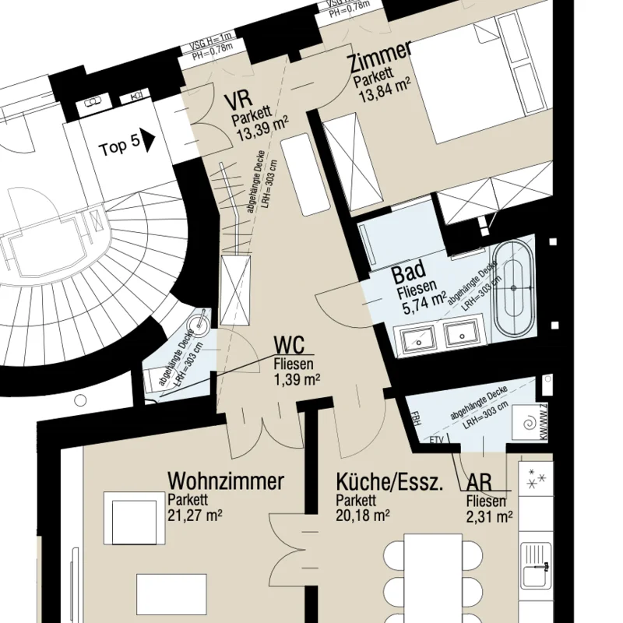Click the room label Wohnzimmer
click(226, 481)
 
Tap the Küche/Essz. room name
click(389, 481)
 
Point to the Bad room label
click(408, 273)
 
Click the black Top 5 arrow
click(149, 143)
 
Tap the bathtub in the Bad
click(514, 288)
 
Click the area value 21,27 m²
click(194, 515)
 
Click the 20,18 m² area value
click(363, 515)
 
